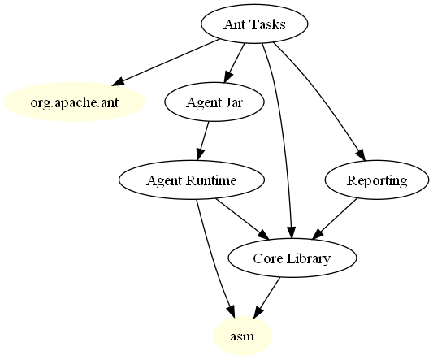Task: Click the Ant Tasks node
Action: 254,24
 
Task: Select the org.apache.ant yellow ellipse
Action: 75,102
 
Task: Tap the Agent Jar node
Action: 214,102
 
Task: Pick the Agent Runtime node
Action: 192,180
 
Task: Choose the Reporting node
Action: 377,180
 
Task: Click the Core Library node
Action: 292,258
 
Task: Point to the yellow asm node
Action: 242,336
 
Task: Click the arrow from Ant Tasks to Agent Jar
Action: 234,63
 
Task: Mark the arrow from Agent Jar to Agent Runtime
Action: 203,141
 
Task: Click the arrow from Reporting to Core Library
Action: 335,219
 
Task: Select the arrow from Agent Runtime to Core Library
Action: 242,219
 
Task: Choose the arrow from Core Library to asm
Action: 266,297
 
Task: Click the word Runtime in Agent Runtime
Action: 211,180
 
